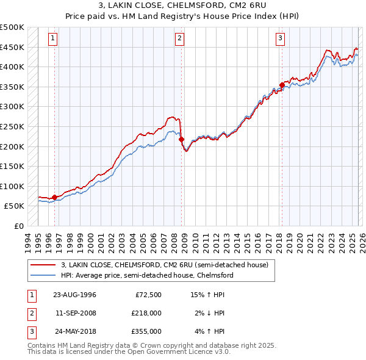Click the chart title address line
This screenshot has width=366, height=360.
click(x=182, y=6)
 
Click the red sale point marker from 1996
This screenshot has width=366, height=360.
click(x=55, y=197)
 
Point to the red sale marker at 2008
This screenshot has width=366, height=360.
click(x=181, y=140)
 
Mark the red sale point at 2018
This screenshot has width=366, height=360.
click(x=282, y=85)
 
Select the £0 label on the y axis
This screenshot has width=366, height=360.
click(x=19, y=226)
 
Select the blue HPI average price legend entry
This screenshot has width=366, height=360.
click(x=146, y=275)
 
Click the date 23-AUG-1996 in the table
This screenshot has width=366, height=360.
click(x=74, y=295)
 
